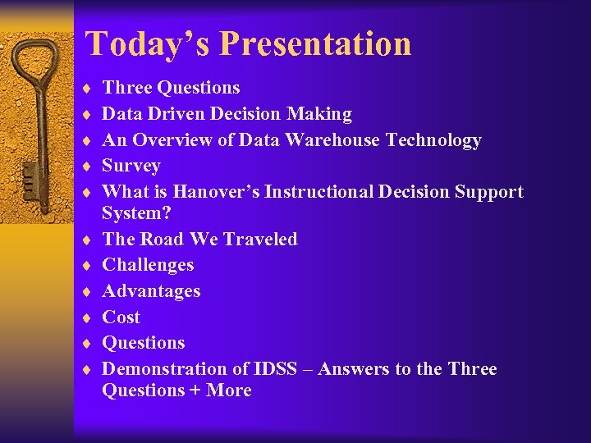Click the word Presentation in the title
coord(318,43)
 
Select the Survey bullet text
coord(131,167)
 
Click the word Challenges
coord(148,265)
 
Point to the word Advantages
coord(151,291)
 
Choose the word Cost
coord(121,317)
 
